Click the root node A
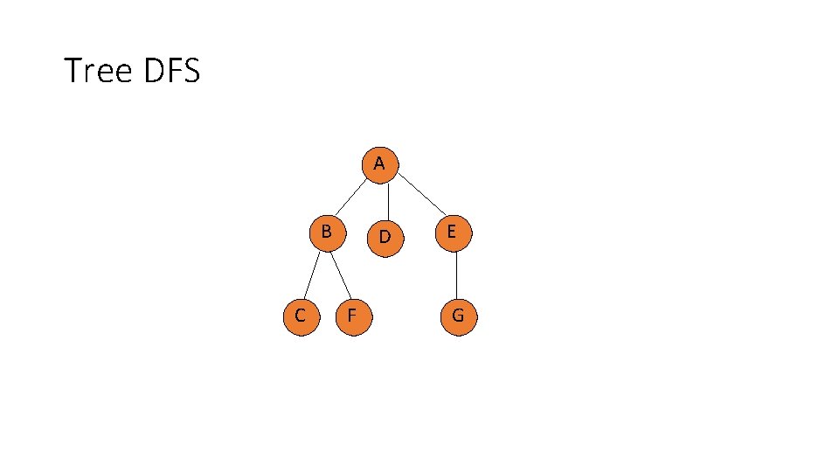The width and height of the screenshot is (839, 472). pos(379,165)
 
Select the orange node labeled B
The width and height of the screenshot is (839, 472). pos(327,233)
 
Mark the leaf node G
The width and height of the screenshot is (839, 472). pos(457,316)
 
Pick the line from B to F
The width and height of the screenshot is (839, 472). pos(341,274)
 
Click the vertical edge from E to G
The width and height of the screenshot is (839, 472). pos(457,274)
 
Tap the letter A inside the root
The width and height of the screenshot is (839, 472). pos(378,163)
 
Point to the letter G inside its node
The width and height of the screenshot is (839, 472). pos(457,316)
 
